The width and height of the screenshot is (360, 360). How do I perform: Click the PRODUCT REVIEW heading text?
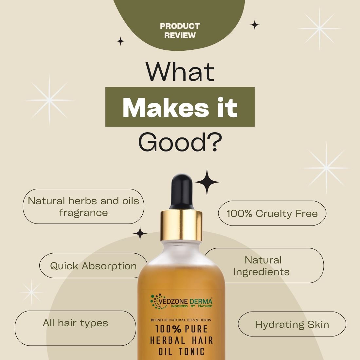tap(180, 30)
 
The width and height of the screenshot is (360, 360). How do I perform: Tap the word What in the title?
tap(180, 72)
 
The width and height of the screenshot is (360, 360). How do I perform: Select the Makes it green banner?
tap(180, 107)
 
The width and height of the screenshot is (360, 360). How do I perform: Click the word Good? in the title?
tap(180, 142)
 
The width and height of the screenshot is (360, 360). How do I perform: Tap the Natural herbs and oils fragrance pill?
tap(83, 207)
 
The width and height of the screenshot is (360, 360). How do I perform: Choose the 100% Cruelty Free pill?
tap(272, 213)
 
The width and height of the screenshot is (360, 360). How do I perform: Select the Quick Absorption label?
tap(93, 266)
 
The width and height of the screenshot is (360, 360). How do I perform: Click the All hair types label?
tap(75, 323)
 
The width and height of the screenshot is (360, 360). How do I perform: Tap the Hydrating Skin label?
tap(292, 324)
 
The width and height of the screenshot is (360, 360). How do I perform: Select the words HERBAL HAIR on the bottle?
tap(181, 340)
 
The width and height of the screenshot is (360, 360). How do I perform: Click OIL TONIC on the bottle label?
tap(181, 352)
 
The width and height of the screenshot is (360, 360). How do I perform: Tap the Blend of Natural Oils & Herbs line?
tap(181, 320)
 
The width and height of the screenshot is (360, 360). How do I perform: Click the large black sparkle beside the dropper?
tap(207, 182)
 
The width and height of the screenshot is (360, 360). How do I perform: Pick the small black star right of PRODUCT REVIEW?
tap(255, 25)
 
